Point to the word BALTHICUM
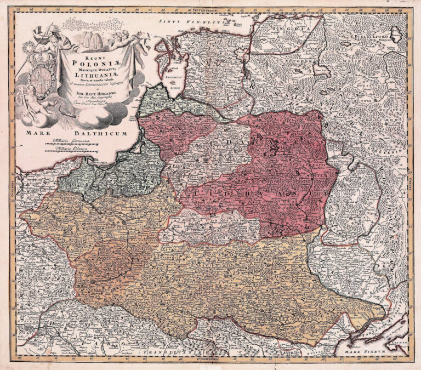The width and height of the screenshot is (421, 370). tap(99, 133)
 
